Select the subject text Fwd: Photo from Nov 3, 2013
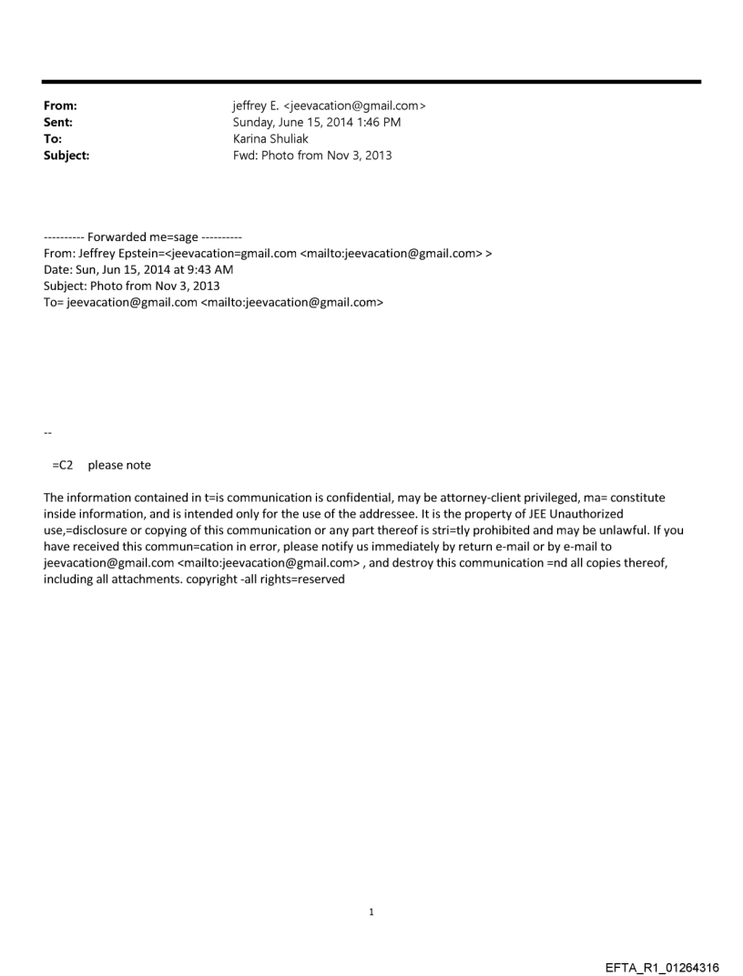pyautogui.click(x=312, y=156)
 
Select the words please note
pyautogui.click(x=119, y=465)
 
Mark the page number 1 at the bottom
pyautogui.click(x=371, y=911)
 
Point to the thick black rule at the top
pyautogui.click(x=371, y=82)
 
